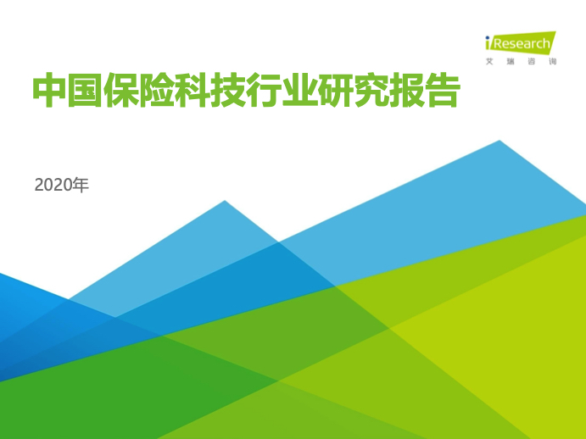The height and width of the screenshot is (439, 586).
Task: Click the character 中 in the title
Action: [x=50, y=91]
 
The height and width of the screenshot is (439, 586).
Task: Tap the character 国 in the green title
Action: [x=85, y=91]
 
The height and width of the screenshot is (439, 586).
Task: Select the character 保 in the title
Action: [x=120, y=91]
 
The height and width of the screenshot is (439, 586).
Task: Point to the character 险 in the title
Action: [x=156, y=91]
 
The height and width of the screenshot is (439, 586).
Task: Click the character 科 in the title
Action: [x=192, y=91]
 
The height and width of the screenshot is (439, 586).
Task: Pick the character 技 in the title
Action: [x=227, y=91]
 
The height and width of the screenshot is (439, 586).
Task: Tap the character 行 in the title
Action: [x=263, y=91]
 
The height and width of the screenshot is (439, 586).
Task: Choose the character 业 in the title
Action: [x=299, y=91]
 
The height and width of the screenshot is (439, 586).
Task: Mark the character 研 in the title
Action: [x=334, y=91]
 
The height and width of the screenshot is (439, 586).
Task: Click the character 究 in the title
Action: [x=370, y=91]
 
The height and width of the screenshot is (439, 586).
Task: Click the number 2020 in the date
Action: [x=53, y=186]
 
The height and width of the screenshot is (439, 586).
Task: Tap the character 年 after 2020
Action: [x=81, y=185]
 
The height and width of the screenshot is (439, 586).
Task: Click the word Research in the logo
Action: [x=522, y=44]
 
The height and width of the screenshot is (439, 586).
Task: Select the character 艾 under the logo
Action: [x=489, y=61]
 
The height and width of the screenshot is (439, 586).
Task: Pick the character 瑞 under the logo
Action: [x=511, y=61]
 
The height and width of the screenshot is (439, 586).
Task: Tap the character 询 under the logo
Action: [x=553, y=61]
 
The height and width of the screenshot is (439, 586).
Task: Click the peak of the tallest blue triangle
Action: [x=499, y=141]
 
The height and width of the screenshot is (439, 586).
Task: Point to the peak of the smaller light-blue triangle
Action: [x=225, y=201]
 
